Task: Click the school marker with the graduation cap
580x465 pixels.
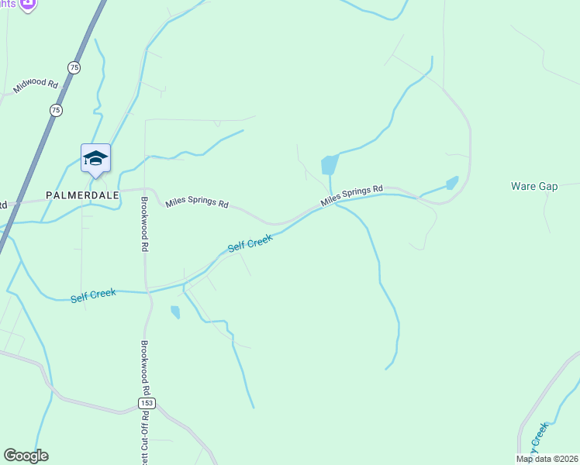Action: click(x=95, y=158)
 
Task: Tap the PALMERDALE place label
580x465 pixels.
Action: click(x=82, y=195)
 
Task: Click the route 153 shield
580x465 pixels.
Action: click(x=147, y=403)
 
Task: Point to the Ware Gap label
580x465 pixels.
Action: click(x=534, y=187)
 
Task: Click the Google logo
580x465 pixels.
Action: click(x=26, y=456)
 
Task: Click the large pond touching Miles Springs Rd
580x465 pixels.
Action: click(x=330, y=164)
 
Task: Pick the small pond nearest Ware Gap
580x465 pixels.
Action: click(x=451, y=184)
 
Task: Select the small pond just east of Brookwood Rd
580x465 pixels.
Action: click(x=175, y=312)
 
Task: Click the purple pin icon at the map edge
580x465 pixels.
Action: click(x=28, y=4)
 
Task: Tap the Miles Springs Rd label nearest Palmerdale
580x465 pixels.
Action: click(x=197, y=204)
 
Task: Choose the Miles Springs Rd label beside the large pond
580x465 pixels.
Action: click(x=352, y=195)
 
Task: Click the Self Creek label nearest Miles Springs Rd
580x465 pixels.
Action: click(x=250, y=243)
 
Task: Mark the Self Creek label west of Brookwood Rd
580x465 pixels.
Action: click(x=93, y=295)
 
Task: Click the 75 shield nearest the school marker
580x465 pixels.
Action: click(x=55, y=111)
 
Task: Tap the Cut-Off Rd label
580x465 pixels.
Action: click(x=145, y=439)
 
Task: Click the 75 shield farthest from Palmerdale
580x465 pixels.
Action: click(x=74, y=67)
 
